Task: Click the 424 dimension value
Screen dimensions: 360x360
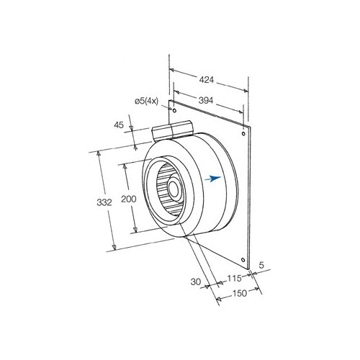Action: [207, 80]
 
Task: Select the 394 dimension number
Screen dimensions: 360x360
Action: [206, 100]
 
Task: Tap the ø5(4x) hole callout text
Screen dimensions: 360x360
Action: [146, 102]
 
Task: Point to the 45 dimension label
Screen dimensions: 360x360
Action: [119, 125]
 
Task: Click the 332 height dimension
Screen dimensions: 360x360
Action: [104, 202]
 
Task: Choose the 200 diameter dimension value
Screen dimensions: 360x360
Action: [129, 199]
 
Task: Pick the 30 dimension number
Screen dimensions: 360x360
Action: [196, 282]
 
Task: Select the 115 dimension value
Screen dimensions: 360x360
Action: [234, 279]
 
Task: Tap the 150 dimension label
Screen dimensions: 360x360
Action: [240, 293]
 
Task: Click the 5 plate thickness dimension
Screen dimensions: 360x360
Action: [261, 265]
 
